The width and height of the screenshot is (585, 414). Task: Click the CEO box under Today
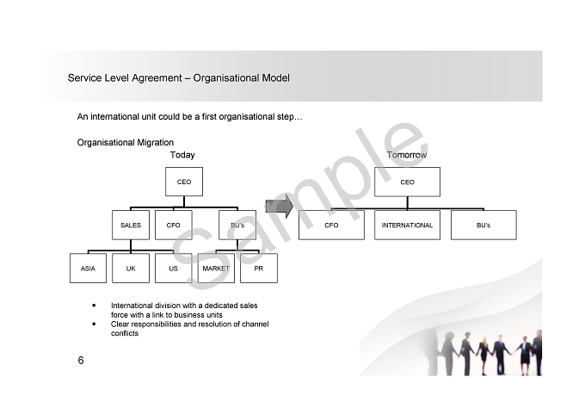click(x=184, y=182)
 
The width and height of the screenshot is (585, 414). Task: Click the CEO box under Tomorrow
click(x=407, y=182)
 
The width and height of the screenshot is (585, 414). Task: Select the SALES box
click(x=131, y=226)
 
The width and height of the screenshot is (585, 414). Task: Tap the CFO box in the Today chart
click(x=174, y=226)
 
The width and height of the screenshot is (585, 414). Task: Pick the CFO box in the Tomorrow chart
click(x=331, y=226)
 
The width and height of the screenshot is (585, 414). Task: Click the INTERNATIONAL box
click(x=407, y=226)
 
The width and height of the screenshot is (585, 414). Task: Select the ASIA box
click(x=88, y=269)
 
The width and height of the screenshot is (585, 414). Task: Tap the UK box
click(x=131, y=269)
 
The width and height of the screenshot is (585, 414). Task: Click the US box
click(x=174, y=269)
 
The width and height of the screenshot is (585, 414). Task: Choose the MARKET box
click(x=216, y=269)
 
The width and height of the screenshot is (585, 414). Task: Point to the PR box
click(x=259, y=269)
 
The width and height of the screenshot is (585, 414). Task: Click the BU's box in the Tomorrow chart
click(x=483, y=226)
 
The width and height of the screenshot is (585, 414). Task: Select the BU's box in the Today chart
click(x=237, y=226)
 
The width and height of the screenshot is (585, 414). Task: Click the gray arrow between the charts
click(x=280, y=206)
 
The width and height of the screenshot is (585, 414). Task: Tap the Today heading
click(x=182, y=155)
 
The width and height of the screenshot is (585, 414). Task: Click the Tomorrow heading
click(x=407, y=155)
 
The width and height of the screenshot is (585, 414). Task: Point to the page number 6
click(x=81, y=361)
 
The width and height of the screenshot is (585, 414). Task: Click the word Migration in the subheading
click(x=155, y=143)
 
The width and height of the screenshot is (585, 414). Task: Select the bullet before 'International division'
click(x=94, y=306)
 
